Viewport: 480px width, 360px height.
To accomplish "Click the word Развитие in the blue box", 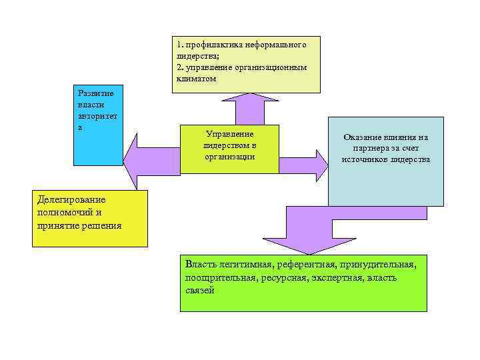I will (x=91, y=93).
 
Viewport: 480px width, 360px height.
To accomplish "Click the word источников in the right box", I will (x=365, y=159).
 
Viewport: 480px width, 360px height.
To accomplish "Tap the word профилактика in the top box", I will (x=215, y=45).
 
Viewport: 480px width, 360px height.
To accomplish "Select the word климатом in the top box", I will (x=197, y=78).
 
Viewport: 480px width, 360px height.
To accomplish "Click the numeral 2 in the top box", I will (x=179, y=67).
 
